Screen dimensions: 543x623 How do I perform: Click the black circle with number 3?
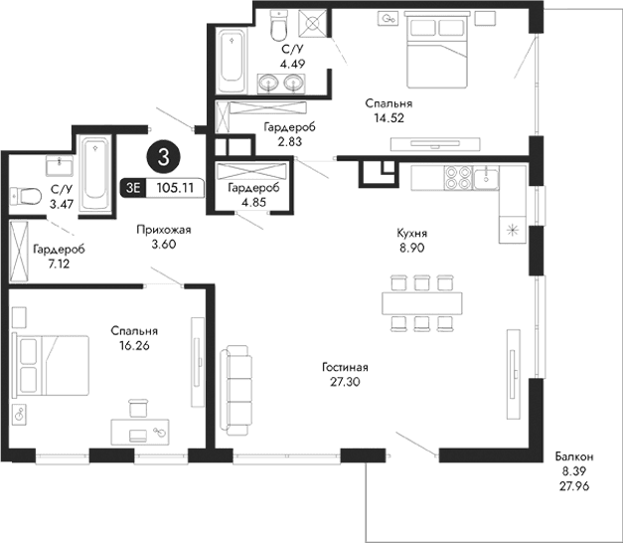[162, 156]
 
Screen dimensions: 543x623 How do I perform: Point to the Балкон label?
[575, 456]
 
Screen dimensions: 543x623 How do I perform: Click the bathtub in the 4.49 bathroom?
[234, 59]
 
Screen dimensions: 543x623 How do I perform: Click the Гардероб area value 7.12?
[49, 266]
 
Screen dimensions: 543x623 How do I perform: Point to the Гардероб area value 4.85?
[247, 202]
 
